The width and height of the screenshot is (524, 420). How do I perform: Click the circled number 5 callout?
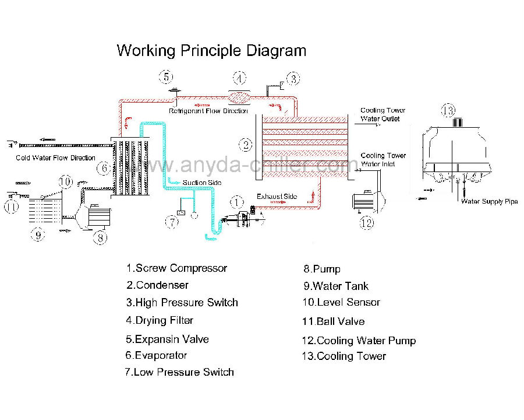(166, 77)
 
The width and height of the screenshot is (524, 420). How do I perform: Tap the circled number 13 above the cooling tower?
(448, 110)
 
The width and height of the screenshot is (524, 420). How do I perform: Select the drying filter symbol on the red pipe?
(239, 98)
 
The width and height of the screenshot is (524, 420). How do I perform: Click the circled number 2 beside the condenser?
(246, 145)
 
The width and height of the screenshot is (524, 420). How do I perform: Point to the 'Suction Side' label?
(202, 183)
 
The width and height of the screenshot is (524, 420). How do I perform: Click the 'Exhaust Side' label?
(277, 196)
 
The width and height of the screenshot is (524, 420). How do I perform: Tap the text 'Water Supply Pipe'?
(489, 201)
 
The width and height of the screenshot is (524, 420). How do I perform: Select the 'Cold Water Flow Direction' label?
(55, 157)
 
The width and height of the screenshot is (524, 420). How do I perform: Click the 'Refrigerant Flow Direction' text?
(208, 111)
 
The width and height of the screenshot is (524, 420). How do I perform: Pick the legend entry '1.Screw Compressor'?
(177, 268)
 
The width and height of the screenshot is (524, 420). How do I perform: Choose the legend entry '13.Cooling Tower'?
(344, 356)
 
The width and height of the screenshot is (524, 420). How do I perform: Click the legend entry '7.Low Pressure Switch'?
(179, 372)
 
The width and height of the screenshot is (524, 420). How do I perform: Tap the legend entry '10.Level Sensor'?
(341, 302)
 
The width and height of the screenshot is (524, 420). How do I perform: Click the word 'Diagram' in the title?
(277, 51)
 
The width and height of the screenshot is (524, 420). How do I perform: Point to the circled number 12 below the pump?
(367, 222)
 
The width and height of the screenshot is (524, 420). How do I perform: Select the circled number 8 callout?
(100, 237)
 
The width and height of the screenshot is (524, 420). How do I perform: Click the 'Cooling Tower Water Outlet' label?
(383, 114)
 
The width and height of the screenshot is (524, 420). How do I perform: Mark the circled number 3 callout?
(293, 79)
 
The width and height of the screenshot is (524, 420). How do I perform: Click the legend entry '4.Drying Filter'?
(160, 320)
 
